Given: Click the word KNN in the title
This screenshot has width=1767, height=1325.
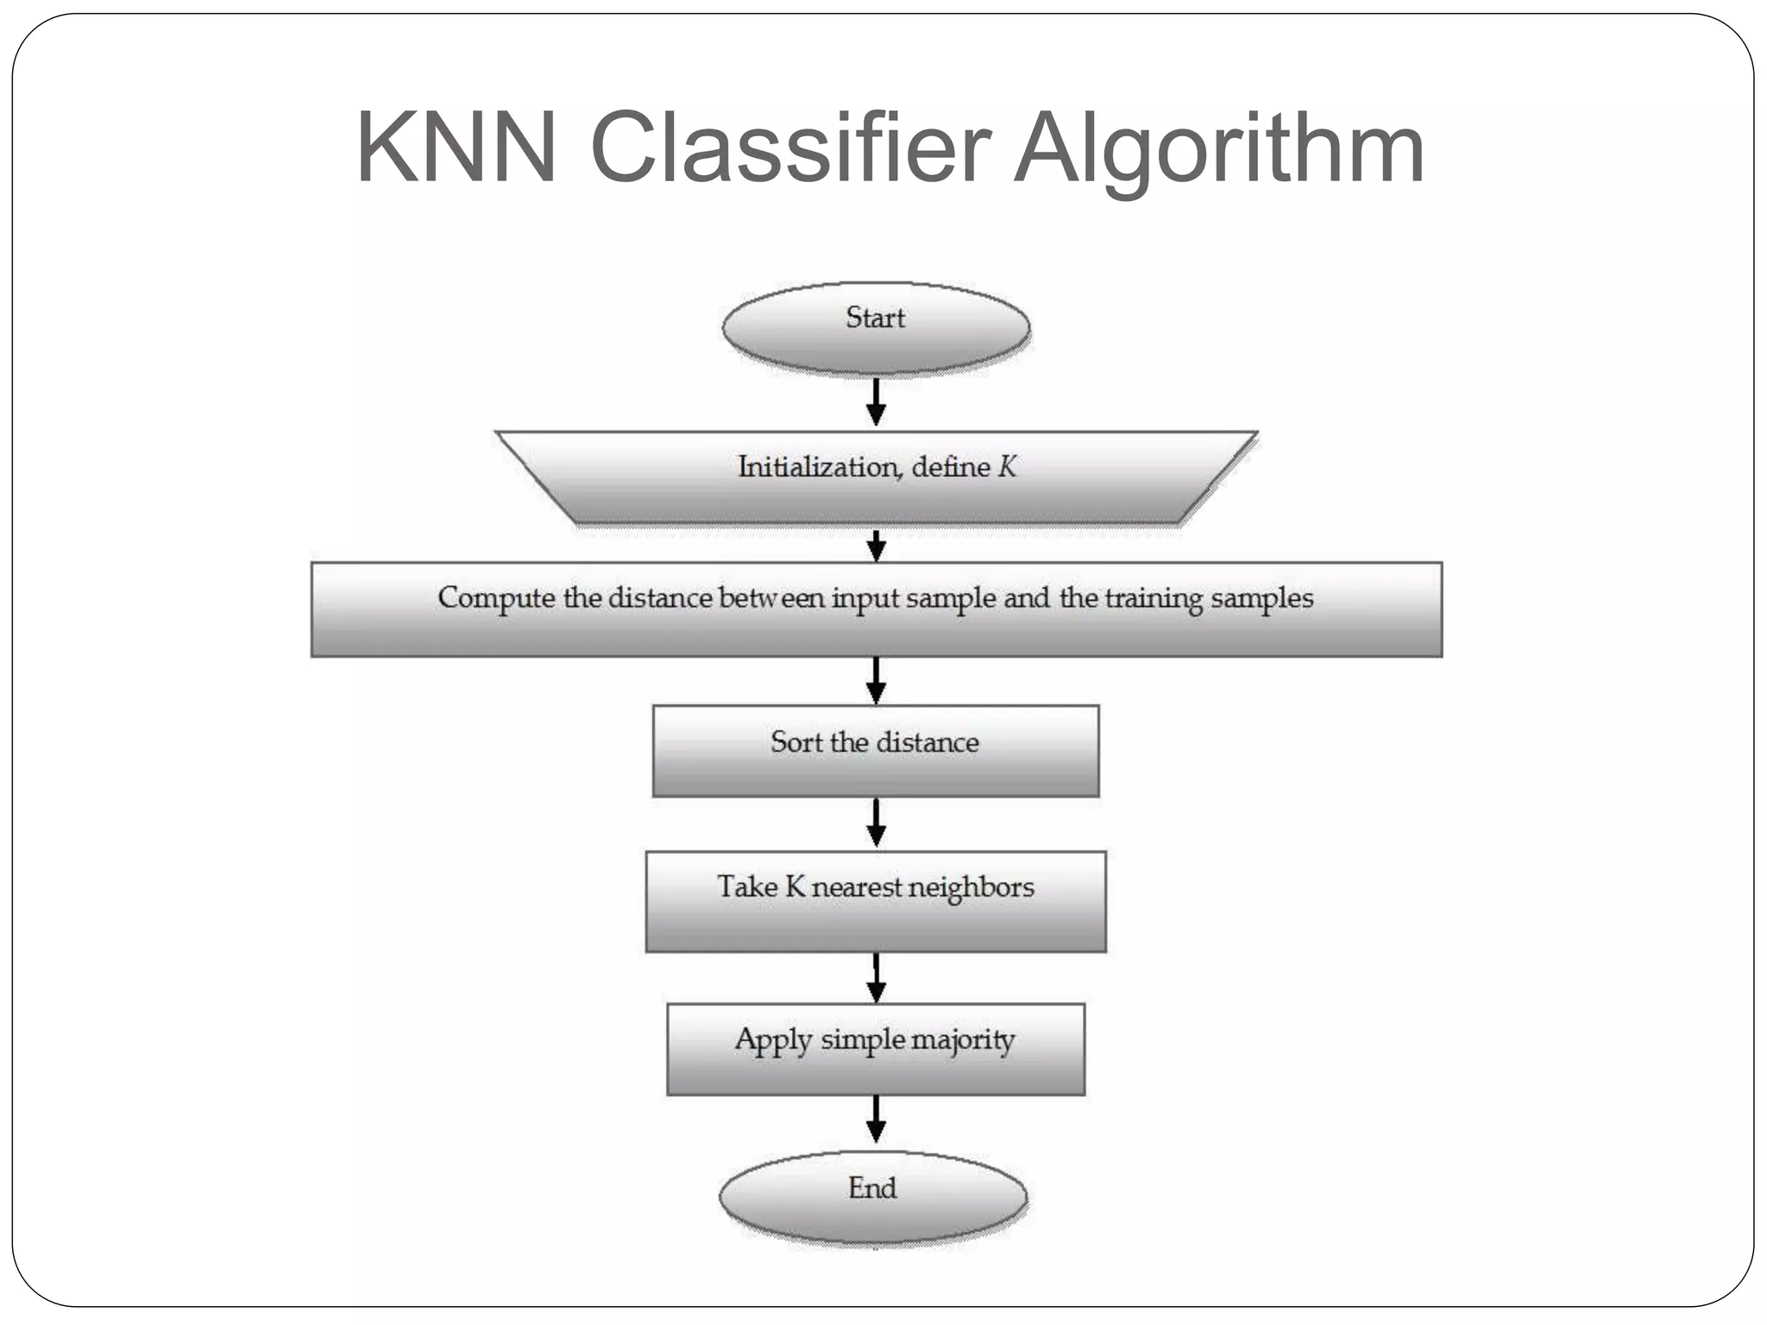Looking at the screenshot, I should pos(456,148).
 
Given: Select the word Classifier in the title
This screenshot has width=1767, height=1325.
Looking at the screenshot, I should pos(789,148).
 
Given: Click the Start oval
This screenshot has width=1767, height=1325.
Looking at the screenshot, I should pos(876,328).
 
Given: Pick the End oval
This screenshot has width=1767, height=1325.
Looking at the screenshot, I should pos(873,1197).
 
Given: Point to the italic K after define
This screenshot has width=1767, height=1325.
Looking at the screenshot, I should pos(1007,468).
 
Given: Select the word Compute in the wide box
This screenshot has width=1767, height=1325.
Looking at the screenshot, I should pos(496,599).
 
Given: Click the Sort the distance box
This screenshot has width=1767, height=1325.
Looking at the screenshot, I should pos(876,750).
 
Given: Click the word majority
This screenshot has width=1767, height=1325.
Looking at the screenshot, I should pos(963,1040).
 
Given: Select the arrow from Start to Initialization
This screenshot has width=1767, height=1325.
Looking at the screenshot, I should pos(876,402).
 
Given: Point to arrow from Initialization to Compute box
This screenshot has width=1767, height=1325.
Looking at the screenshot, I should pos(876,545).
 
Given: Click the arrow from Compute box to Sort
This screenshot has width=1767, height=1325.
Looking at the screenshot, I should pos(876,681).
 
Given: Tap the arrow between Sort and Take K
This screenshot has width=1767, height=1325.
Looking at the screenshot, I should pos(876,823).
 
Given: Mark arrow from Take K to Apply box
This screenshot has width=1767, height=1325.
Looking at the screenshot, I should pos(876,977).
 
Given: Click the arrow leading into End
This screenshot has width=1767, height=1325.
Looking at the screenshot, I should pos(876,1119).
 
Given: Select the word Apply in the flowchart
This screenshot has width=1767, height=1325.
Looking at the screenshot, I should pos(773,1041).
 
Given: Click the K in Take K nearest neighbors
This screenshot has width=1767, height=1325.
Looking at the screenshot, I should pos(795,887).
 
